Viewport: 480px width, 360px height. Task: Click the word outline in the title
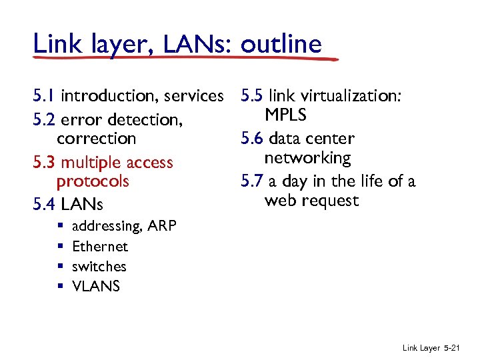(x=281, y=44)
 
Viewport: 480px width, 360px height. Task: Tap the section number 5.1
(x=45, y=96)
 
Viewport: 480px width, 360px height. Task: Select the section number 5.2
(x=45, y=120)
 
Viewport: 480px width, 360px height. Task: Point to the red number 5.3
(x=45, y=162)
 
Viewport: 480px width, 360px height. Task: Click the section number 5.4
(x=45, y=203)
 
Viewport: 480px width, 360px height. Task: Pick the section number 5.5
(x=253, y=96)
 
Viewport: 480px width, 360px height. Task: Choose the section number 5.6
(x=253, y=139)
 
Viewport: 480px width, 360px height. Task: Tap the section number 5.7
(x=253, y=181)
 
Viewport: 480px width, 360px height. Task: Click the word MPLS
(x=285, y=115)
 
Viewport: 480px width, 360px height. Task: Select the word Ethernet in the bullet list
(x=100, y=247)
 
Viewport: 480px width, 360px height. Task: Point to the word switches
(x=99, y=267)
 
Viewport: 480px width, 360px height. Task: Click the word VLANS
(x=96, y=287)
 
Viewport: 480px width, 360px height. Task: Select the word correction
(x=96, y=139)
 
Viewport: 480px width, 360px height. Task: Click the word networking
(x=307, y=158)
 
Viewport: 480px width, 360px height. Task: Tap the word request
(x=331, y=201)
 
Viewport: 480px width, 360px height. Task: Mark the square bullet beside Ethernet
(x=60, y=247)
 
